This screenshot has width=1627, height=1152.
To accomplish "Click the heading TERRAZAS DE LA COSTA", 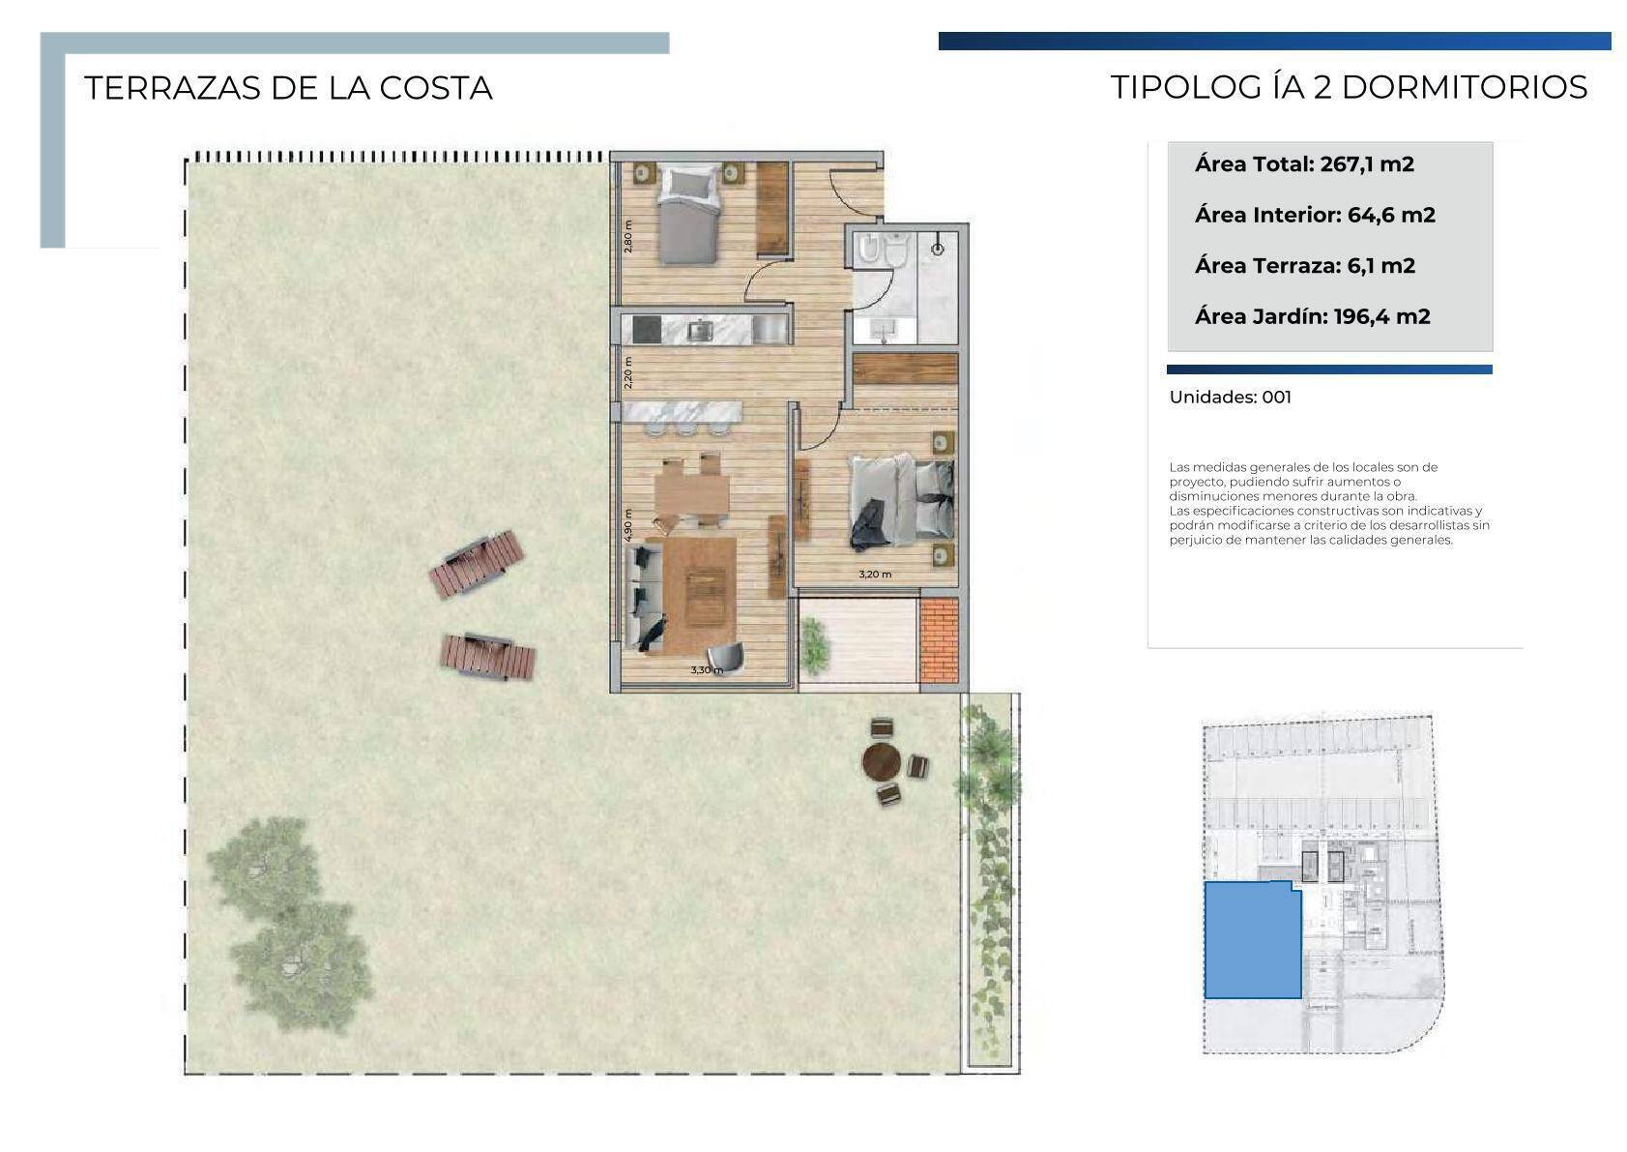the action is pyautogui.click(x=288, y=89).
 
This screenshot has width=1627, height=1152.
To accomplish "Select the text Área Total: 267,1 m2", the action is pyautogui.click(x=1304, y=164).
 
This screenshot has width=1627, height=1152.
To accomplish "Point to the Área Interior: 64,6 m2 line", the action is pyautogui.click(x=1316, y=215).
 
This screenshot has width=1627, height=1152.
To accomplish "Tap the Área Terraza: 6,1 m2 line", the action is pyautogui.click(x=1305, y=266).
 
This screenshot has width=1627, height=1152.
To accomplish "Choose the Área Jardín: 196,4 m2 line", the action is pyautogui.click(x=1313, y=317).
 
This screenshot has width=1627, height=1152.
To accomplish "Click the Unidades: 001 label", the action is pyautogui.click(x=1231, y=398).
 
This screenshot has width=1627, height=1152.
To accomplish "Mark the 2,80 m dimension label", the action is pyautogui.click(x=628, y=236).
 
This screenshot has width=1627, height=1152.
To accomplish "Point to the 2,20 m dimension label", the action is pyautogui.click(x=628, y=372).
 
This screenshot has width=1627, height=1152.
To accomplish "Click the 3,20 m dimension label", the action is pyautogui.click(x=875, y=575).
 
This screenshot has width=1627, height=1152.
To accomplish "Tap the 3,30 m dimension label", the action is pyautogui.click(x=707, y=670).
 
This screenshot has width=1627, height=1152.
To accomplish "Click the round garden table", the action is pyautogui.click(x=881, y=761).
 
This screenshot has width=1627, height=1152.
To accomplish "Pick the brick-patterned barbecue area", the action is pyautogui.click(x=939, y=640).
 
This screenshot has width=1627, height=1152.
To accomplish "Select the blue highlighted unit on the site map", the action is pyautogui.click(x=1252, y=940).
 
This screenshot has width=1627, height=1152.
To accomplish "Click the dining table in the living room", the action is pyautogui.click(x=691, y=493).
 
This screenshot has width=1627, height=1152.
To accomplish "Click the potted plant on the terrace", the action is pyautogui.click(x=815, y=645).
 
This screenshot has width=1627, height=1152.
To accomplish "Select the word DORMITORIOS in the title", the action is pyautogui.click(x=1465, y=88).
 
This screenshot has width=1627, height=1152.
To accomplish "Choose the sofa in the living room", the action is pyautogui.click(x=643, y=598).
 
